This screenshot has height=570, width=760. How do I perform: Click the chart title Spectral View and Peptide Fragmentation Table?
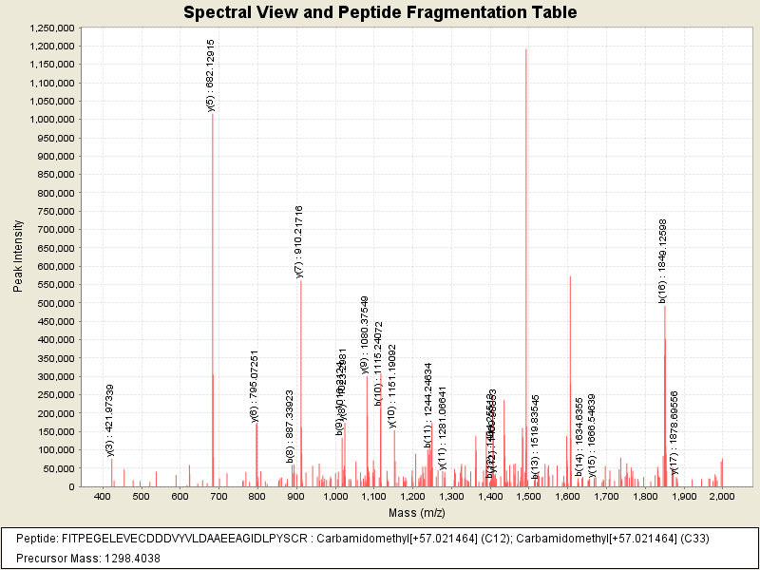380,12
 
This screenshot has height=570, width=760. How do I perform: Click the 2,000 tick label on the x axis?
722,497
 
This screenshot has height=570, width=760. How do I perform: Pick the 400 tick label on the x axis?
102,497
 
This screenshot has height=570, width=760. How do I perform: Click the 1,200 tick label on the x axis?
411,497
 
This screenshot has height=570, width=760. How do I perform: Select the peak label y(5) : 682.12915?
211,75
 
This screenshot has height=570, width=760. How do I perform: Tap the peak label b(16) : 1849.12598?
663,261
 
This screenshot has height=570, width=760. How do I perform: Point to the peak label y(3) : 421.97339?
110,420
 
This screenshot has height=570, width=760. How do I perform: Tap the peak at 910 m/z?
300,380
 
